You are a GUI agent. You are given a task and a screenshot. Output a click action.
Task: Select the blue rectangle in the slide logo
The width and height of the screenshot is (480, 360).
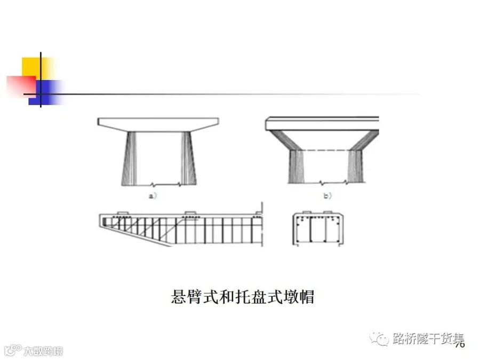pos(47,91)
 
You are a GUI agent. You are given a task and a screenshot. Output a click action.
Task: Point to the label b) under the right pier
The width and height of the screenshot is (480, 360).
pos(327,196)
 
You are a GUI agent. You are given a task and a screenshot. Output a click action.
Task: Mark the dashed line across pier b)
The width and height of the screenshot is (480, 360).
pos(323,149)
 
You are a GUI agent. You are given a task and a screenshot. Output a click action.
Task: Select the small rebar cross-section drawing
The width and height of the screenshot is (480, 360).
pos(319,229)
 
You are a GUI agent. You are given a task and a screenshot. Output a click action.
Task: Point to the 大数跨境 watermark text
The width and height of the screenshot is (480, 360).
pos(43,351)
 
